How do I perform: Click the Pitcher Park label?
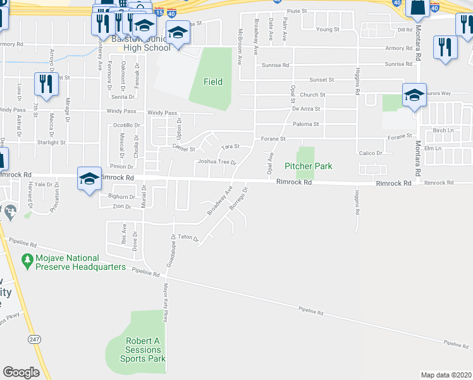pyautogui.click(x=309, y=167)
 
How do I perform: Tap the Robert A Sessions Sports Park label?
pyautogui.click(x=143, y=350)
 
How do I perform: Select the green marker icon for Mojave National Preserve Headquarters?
pyautogui.click(x=27, y=260)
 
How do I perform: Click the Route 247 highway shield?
pyautogui.click(x=33, y=339)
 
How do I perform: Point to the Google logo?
pyautogui.click(x=21, y=372)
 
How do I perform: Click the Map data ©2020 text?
pyautogui.click(x=446, y=375)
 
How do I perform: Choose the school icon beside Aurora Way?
pyautogui.click(x=414, y=95)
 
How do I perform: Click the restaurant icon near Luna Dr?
pyautogui.click(x=46, y=83)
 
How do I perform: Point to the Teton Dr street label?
pyautogui.click(x=188, y=237)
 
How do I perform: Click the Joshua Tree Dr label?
pyautogui.click(x=216, y=162)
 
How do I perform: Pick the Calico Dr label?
pyautogui.click(x=371, y=153)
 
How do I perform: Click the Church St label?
pyautogui.click(x=312, y=95)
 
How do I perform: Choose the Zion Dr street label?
pyautogui.click(x=121, y=207)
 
